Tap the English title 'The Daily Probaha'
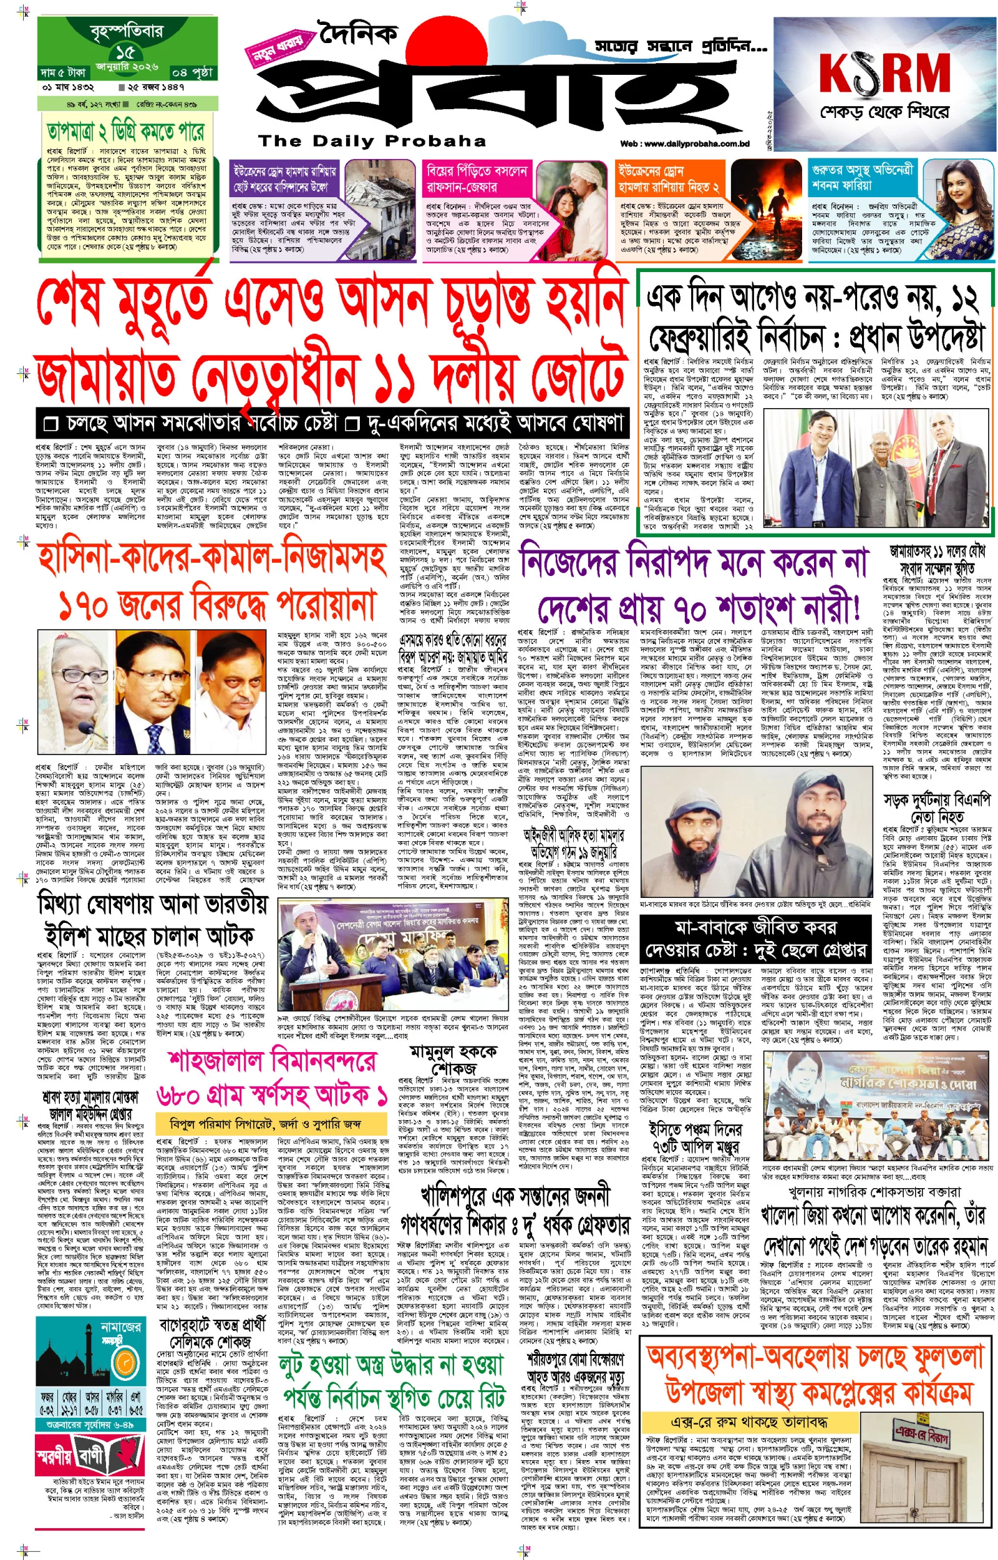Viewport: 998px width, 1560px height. tap(371, 141)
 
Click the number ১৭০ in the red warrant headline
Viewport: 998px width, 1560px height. tap(87, 607)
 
